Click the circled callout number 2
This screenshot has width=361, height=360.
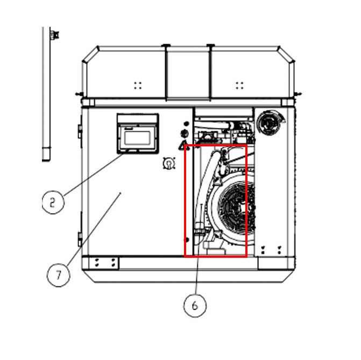52,202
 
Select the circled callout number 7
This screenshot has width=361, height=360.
58,275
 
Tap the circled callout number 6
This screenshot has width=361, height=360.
195,305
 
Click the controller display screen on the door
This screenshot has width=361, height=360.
138,138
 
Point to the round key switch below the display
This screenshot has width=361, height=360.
169,163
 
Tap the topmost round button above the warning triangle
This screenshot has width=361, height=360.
186,123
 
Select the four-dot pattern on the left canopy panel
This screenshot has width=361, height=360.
138,85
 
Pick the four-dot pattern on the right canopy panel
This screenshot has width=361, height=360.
240,85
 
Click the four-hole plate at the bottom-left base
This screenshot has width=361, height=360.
105,263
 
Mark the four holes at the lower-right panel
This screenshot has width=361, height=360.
271,249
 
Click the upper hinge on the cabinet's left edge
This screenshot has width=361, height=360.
80,130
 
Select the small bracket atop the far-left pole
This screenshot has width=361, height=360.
54,35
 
